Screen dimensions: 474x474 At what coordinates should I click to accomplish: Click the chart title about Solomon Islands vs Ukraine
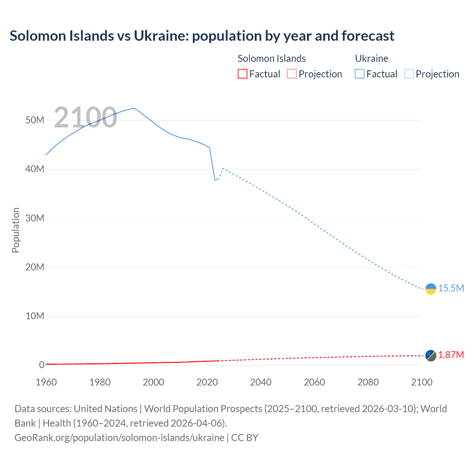point(202,36)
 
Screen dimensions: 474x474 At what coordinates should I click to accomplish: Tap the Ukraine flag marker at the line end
point(431,288)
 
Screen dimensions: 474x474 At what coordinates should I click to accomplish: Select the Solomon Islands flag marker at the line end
point(431,355)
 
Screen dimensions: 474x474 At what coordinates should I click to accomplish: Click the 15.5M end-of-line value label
point(451,288)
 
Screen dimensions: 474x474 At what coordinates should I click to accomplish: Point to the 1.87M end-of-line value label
point(451,355)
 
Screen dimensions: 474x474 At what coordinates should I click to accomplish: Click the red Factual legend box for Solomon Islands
point(242,74)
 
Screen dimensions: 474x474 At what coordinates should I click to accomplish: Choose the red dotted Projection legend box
point(292,74)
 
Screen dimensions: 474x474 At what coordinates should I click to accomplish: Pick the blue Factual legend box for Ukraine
point(359,74)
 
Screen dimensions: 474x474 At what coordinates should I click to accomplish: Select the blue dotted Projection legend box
point(409,74)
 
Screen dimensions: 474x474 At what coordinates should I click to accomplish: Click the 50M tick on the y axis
point(35,120)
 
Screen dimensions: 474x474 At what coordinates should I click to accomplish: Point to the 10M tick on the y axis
point(35,316)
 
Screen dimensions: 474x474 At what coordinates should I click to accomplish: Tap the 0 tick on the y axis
point(41,365)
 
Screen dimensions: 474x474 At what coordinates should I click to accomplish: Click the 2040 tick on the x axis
point(261,382)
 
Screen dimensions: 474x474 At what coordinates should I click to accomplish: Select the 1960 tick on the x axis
point(46,382)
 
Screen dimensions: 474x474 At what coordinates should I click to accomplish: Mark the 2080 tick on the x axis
point(368,382)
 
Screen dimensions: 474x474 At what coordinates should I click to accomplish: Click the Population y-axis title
point(16,230)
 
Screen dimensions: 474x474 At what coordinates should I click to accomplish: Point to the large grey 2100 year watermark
point(86,117)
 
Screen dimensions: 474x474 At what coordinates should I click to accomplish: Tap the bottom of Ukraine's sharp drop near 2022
point(215,180)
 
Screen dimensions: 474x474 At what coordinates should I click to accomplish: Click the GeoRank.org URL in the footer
point(119,438)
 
